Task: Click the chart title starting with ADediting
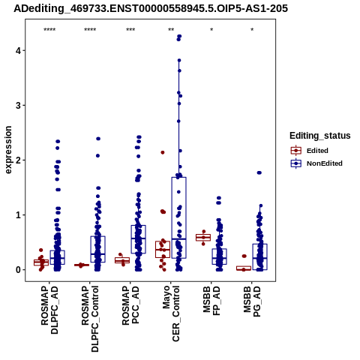pos(151,9)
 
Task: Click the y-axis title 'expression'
pos(8,150)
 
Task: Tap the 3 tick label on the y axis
pos(19,105)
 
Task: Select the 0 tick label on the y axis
pos(19,270)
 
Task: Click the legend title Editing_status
pos(320,136)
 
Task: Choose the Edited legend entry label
pos(317,151)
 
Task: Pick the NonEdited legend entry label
pos(325,163)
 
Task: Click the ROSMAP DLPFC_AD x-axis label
pos(49,310)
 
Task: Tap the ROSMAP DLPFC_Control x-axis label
pos(90,319)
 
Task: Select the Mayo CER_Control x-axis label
pos(171,313)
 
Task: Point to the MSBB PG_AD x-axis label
pos(252,301)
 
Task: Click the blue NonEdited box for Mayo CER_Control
pos(178,217)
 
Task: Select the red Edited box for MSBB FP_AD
pos(203,237)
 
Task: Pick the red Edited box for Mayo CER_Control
pos(163,249)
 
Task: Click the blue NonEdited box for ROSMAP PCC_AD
pos(138,239)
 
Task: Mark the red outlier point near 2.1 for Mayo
pos(163,152)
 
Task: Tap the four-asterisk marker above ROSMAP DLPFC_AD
pos(49,30)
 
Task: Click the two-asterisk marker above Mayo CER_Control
pos(171,30)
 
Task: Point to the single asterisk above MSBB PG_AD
pos(252,30)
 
